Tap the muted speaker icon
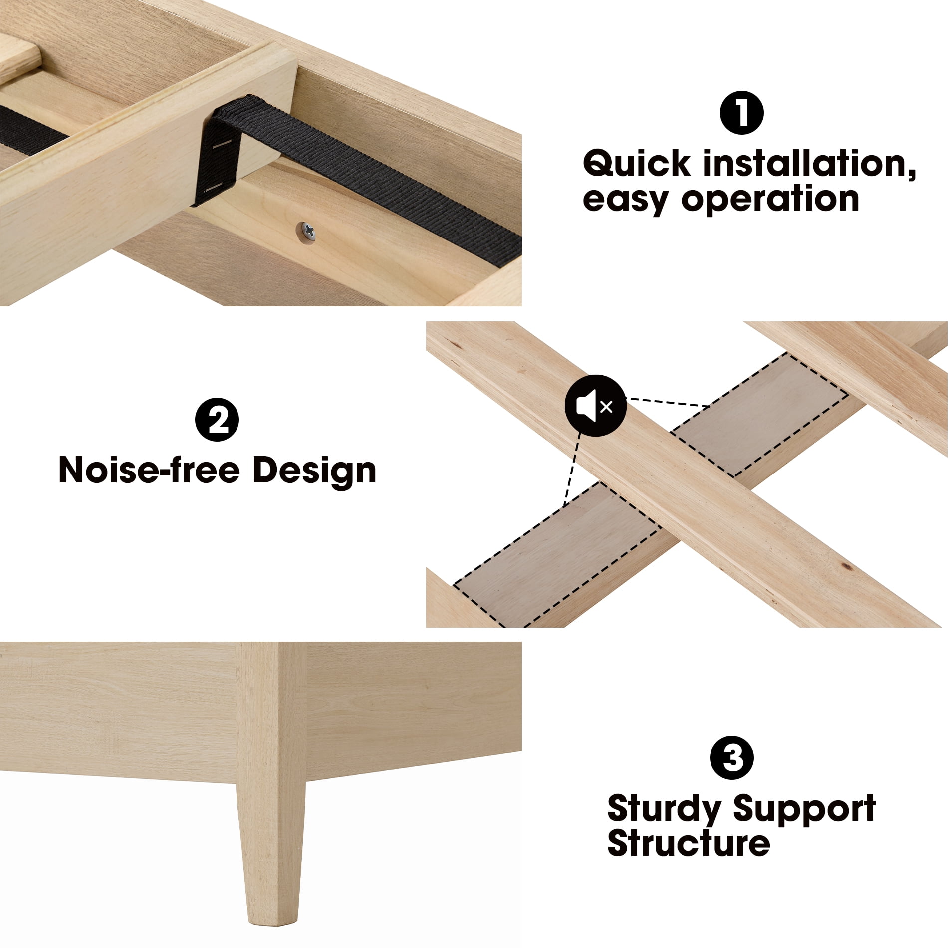(x=595, y=406)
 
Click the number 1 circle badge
(x=741, y=113)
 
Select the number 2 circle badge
(x=217, y=419)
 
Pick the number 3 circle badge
(x=732, y=758)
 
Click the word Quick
(x=637, y=164)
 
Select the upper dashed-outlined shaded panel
(x=758, y=414)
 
